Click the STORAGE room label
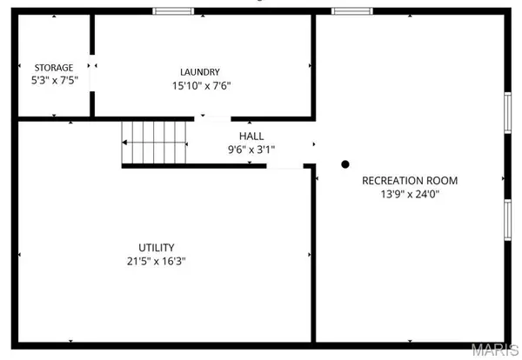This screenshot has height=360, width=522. [x=54, y=68]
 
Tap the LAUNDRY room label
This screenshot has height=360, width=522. [x=200, y=72]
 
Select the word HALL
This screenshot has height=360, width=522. [x=251, y=136]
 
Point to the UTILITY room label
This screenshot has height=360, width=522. [x=156, y=248]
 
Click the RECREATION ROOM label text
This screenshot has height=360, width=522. [x=410, y=181]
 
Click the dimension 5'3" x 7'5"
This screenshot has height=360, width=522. [x=55, y=80]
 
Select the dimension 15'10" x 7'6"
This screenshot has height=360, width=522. [x=202, y=86]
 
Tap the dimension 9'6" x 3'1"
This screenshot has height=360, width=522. [x=251, y=150]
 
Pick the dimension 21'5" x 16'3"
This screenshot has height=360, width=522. [x=156, y=261]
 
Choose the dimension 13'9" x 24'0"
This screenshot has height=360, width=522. [x=410, y=194]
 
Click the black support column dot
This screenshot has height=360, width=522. [x=345, y=164]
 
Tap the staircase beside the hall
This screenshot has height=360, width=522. [x=154, y=143]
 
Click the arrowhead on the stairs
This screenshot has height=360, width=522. [x=124, y=143]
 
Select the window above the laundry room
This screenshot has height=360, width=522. [x=173, y=11]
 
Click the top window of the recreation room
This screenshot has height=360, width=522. [x=351, y=11]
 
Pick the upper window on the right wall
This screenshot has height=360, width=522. [x=507, y=113]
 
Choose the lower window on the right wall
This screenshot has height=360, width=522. [x=507, y=220]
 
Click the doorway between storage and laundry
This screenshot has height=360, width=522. [x=92, y=73]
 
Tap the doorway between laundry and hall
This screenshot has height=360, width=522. [x=212, y=119]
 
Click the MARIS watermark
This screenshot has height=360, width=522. [x=495, y=350]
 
